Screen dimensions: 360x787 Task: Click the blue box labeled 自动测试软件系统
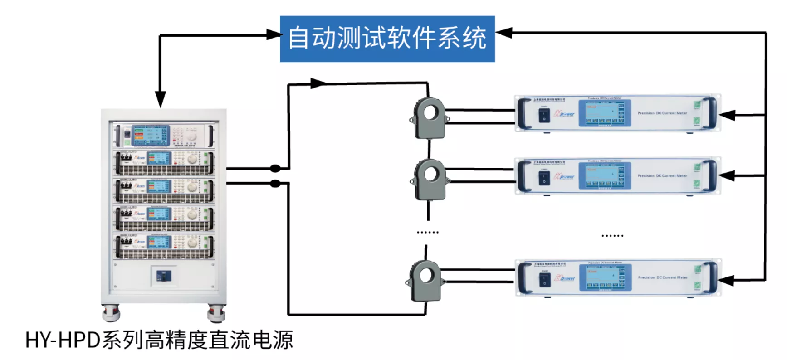(x=387, y=39)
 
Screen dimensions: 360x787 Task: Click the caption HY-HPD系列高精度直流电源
(x=159, y=340)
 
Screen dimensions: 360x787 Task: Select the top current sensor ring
(x=429, y=117)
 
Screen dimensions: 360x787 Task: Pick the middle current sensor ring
(x=430, y=179)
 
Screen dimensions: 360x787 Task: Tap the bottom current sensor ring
(x=425, y=281)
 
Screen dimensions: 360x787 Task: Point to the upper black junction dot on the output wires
(x=275, y=169)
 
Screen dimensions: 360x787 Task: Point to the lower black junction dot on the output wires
(x=275, y=184)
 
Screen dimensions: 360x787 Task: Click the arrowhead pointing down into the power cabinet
(x=160, y=99)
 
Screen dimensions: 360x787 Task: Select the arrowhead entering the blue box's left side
(x=273, y=35)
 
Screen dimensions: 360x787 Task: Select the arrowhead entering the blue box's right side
(x=504, y=33)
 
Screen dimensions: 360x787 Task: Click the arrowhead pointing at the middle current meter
(x=728, y=175)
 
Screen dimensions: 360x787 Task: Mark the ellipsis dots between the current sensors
(x=427, y=232)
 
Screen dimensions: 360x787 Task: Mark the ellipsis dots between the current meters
(x=612, y=236)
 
